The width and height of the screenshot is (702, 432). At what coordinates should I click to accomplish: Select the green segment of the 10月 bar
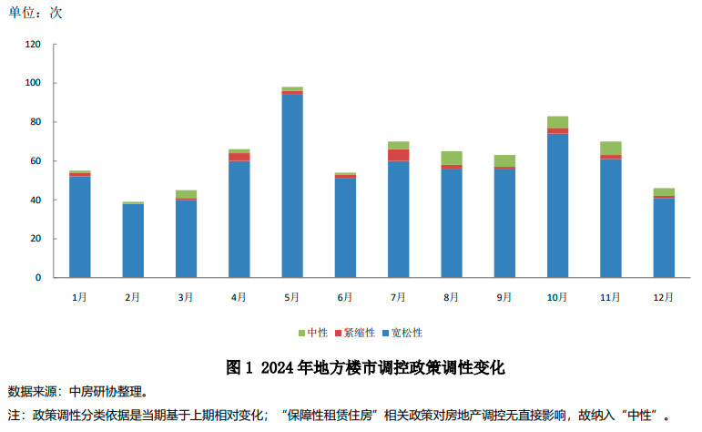tap(557, 122)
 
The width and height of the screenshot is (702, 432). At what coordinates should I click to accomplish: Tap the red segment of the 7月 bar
tap(398, 155)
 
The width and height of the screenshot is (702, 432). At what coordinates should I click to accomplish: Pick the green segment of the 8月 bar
tap(452, 158)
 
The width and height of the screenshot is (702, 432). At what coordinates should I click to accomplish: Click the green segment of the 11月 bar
tap(611, 148)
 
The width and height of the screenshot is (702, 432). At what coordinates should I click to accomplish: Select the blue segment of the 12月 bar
tap(664, 238)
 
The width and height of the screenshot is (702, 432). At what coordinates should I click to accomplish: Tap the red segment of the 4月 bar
tap(239, 157)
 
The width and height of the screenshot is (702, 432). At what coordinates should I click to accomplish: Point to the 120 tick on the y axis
tap(34, 45)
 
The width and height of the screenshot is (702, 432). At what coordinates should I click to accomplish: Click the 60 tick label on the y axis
tap(36, 161)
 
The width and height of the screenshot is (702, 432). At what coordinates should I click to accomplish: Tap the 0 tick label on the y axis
tap(39, 277)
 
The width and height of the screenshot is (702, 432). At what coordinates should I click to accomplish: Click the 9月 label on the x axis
tap(504, 297)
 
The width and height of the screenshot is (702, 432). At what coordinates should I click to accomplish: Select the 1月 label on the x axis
tap(79, 297)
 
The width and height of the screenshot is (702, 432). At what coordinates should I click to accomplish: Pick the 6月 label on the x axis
tap(345, 297)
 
